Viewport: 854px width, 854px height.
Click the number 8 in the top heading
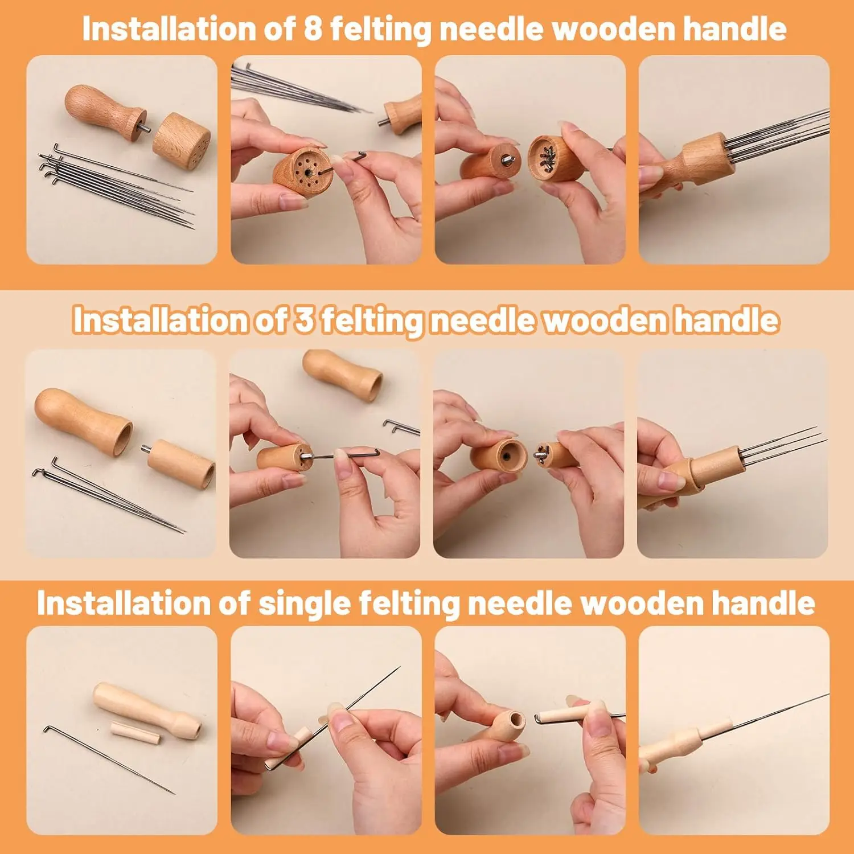[x=313, y=28]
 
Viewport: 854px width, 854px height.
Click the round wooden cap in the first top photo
[x=181, y=141]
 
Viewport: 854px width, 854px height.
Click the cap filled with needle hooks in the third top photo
[x=549, y=158]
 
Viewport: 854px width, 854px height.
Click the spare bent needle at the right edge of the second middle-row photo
[x=401, y=427]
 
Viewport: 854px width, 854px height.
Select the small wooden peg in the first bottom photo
[x=136, y=732]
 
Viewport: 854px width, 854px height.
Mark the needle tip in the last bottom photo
[x=827, y=695]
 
